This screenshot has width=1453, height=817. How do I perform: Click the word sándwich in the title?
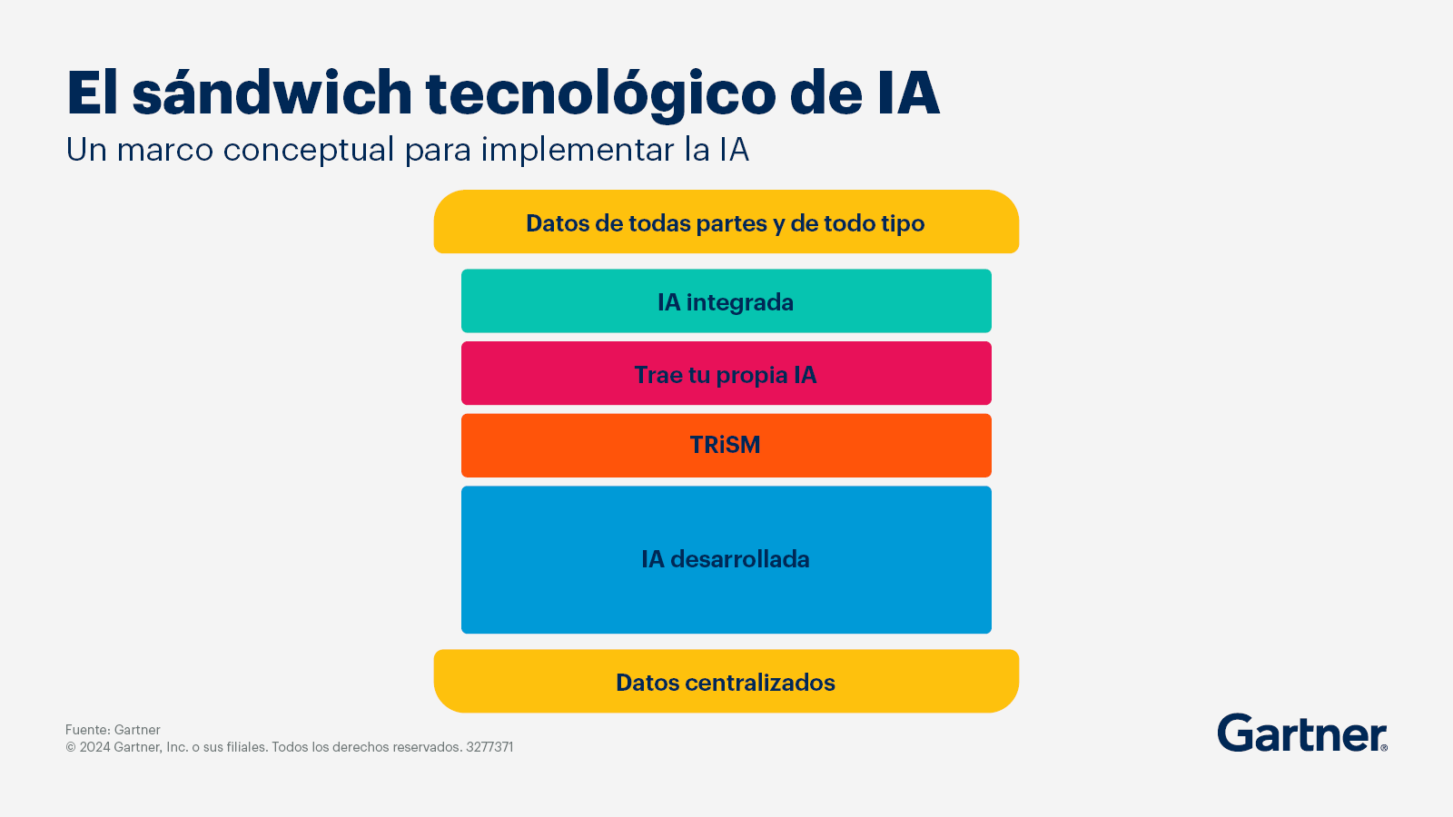(272, 93)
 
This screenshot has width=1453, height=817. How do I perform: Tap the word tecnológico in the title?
(600, 94)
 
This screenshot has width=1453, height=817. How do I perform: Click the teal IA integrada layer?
(726, 300)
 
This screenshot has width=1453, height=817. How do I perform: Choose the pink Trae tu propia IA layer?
(726, 373)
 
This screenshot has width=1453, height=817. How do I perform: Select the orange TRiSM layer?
(726, 446)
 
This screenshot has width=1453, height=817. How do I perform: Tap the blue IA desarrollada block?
(726, 559)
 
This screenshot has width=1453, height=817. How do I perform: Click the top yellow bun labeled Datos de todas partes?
(726, 221)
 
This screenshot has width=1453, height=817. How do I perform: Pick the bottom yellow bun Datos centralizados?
(726, 681)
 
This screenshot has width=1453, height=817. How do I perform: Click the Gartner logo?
(1302, 733)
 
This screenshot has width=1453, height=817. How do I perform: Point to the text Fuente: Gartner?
(113, 730)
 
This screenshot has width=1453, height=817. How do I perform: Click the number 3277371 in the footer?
(489, 747)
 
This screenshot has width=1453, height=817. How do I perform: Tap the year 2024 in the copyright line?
(94, 747)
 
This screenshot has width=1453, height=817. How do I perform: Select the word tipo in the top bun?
(903, 223)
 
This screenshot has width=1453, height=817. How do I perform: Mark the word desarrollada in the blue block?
(740, 559)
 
